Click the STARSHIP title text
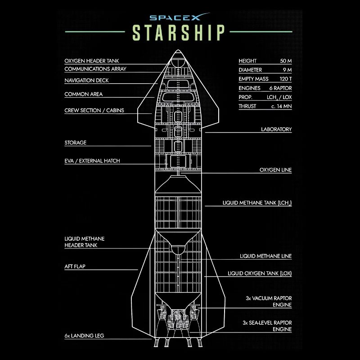pyautogui.click(x=178, y=32)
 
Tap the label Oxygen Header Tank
pyautogui.click(x=92, y=61)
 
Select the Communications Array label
pyautogui.click(x=95, y=69)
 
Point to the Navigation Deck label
pyautogui.click(x=86, y=81)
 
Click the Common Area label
pyautogui.click(x=84, y=94)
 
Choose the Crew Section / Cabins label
pyautogui.click(x=94, y=110)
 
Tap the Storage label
pyautogui.click(x=75, y=143)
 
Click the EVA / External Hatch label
pyautogui.click(x=92, y=161)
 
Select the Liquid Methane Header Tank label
pyautogui.click(x=85, y=242)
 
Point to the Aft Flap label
pyautogui.click(x=75, y=266)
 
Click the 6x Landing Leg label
pyautogui.click(x=84, y=336)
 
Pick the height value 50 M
pyautogui.click(x=286, y=61)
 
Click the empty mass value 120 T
pyautogui.click(x=286, y=79)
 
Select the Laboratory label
pyautogui.click(x=276, y=129)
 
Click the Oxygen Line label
pyautogui.click(x=275, y=170)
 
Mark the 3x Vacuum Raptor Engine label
pyautogui.click(x=269, y=301)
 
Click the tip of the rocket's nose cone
pyautogui.click(x=178, y=50)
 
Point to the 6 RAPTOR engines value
pyautogui.click(x=280, y=88)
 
